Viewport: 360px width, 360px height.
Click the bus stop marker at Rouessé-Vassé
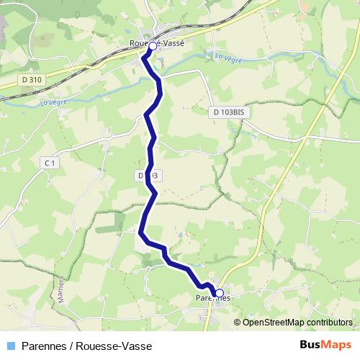click(x=153, y=45)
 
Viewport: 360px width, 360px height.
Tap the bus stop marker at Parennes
click(x=220, y=293)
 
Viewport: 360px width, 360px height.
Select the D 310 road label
click(x=32, y=79)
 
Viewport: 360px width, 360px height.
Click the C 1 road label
click(x=49, y=164)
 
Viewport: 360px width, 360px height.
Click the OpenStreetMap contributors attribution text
click(x=297, y=322)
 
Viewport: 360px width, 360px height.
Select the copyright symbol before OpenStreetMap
click(x=238, y=322)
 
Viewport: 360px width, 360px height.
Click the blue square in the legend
click(x=10, y=345)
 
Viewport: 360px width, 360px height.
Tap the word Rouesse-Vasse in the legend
click(x=112, y=345)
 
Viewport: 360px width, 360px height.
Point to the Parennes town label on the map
click(x=212, y=297)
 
